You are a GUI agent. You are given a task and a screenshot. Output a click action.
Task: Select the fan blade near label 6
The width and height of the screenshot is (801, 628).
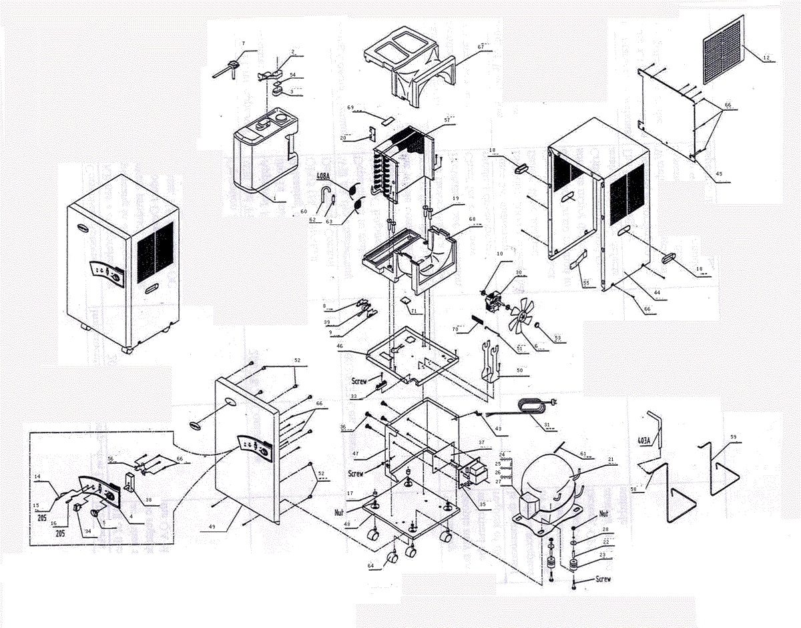click(x=517, y=324)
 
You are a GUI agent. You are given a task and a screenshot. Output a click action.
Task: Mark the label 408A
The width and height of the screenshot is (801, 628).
click(x=326, y=177)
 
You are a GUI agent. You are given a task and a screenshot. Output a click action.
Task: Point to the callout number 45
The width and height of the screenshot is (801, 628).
click(x=718, y=175)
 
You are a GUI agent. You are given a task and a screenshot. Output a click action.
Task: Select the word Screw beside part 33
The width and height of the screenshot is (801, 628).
click(x=359, y=381)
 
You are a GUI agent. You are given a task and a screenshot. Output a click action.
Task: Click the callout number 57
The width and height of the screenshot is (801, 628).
click(x=447, y=119)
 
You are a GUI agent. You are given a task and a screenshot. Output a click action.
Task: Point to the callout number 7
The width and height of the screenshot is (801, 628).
click(x=244, y=44)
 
